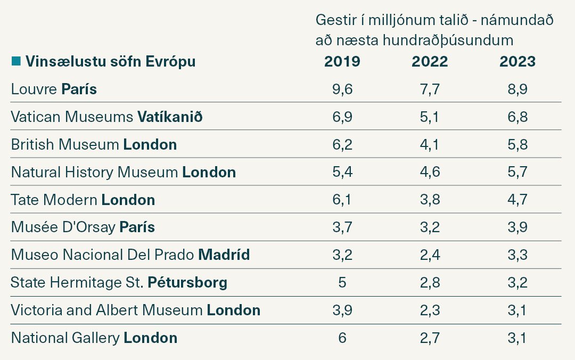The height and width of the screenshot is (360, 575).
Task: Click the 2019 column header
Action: click(342, 62)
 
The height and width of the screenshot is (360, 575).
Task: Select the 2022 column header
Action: click(430, 62)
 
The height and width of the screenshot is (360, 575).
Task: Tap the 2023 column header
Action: click(517, 62)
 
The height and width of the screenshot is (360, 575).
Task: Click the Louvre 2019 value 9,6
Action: click(342, 89)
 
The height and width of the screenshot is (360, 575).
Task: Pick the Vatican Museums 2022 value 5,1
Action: click(430, 117)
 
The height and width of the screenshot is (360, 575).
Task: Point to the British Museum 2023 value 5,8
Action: click(517, 144)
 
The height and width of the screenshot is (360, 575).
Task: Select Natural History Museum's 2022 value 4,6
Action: click(430, 172)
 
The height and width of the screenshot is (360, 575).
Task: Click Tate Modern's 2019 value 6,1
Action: click(342, 200)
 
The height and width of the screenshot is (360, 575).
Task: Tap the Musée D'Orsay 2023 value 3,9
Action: click(517, 227)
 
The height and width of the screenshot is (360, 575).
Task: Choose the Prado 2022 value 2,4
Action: click(430, 255)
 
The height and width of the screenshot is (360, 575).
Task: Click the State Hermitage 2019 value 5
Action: click(342, 282)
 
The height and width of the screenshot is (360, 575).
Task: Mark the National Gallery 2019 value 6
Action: click(342, 338)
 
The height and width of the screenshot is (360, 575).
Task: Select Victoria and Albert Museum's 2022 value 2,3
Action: click(430, 310)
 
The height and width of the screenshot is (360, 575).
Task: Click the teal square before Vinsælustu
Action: click(15, 61)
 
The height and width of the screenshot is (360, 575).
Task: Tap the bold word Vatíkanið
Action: click(170, 117)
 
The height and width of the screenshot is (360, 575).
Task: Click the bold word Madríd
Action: click(224, 255)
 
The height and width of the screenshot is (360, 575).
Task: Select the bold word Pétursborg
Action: click(187, 282)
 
